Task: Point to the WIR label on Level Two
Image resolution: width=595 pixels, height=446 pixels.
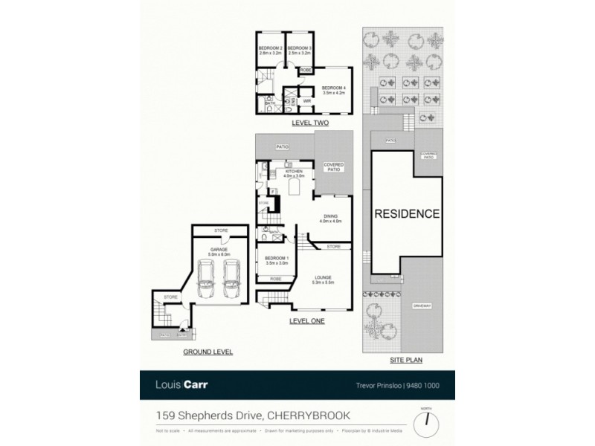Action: pyautogui.click(x=306, y=100)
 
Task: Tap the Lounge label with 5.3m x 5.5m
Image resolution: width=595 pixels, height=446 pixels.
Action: pyautogui.click(x=324, y=279)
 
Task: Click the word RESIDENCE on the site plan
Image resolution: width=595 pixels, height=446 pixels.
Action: pyautogui.click(x=406, y=214)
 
